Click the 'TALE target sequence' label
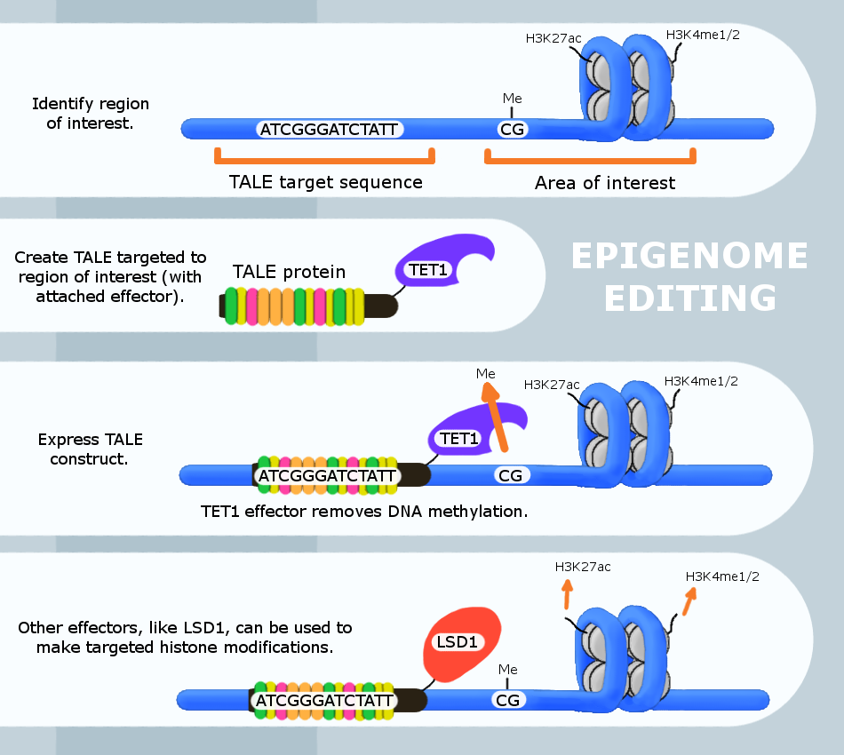(325, 182)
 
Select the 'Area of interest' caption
(605, 183)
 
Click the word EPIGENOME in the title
(689, 257)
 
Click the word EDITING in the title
(689, 298)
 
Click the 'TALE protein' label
(289, 272)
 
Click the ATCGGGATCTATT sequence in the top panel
(329, 129)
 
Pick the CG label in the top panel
(513, 129)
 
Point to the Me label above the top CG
(512, 99)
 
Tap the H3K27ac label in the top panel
(553, 37)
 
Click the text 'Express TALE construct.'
(90, 449)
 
